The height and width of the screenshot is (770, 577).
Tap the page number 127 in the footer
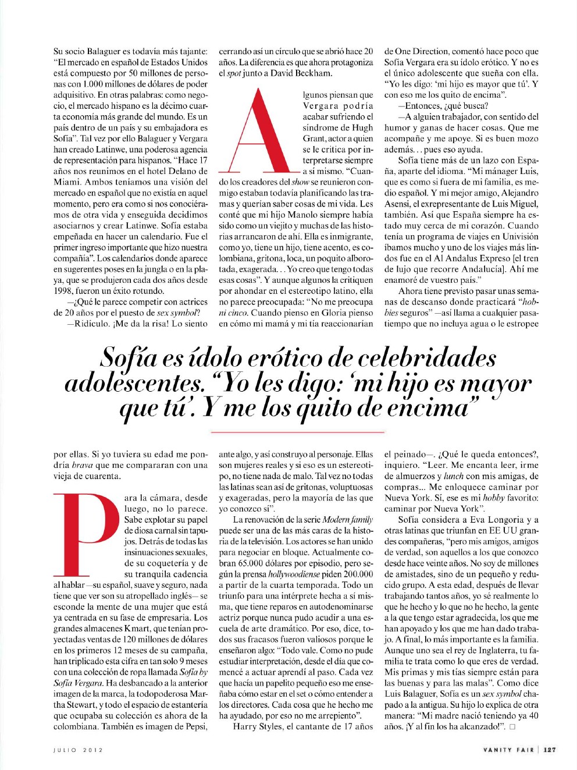pos(549,750)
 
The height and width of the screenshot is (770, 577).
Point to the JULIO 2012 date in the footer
pos(78,750)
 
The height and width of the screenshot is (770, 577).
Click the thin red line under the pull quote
pos(297,432)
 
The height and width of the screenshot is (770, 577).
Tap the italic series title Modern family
pos(348,520)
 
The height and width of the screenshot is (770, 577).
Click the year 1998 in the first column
pos(63,291)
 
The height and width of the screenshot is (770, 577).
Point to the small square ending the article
pos(512,727)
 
